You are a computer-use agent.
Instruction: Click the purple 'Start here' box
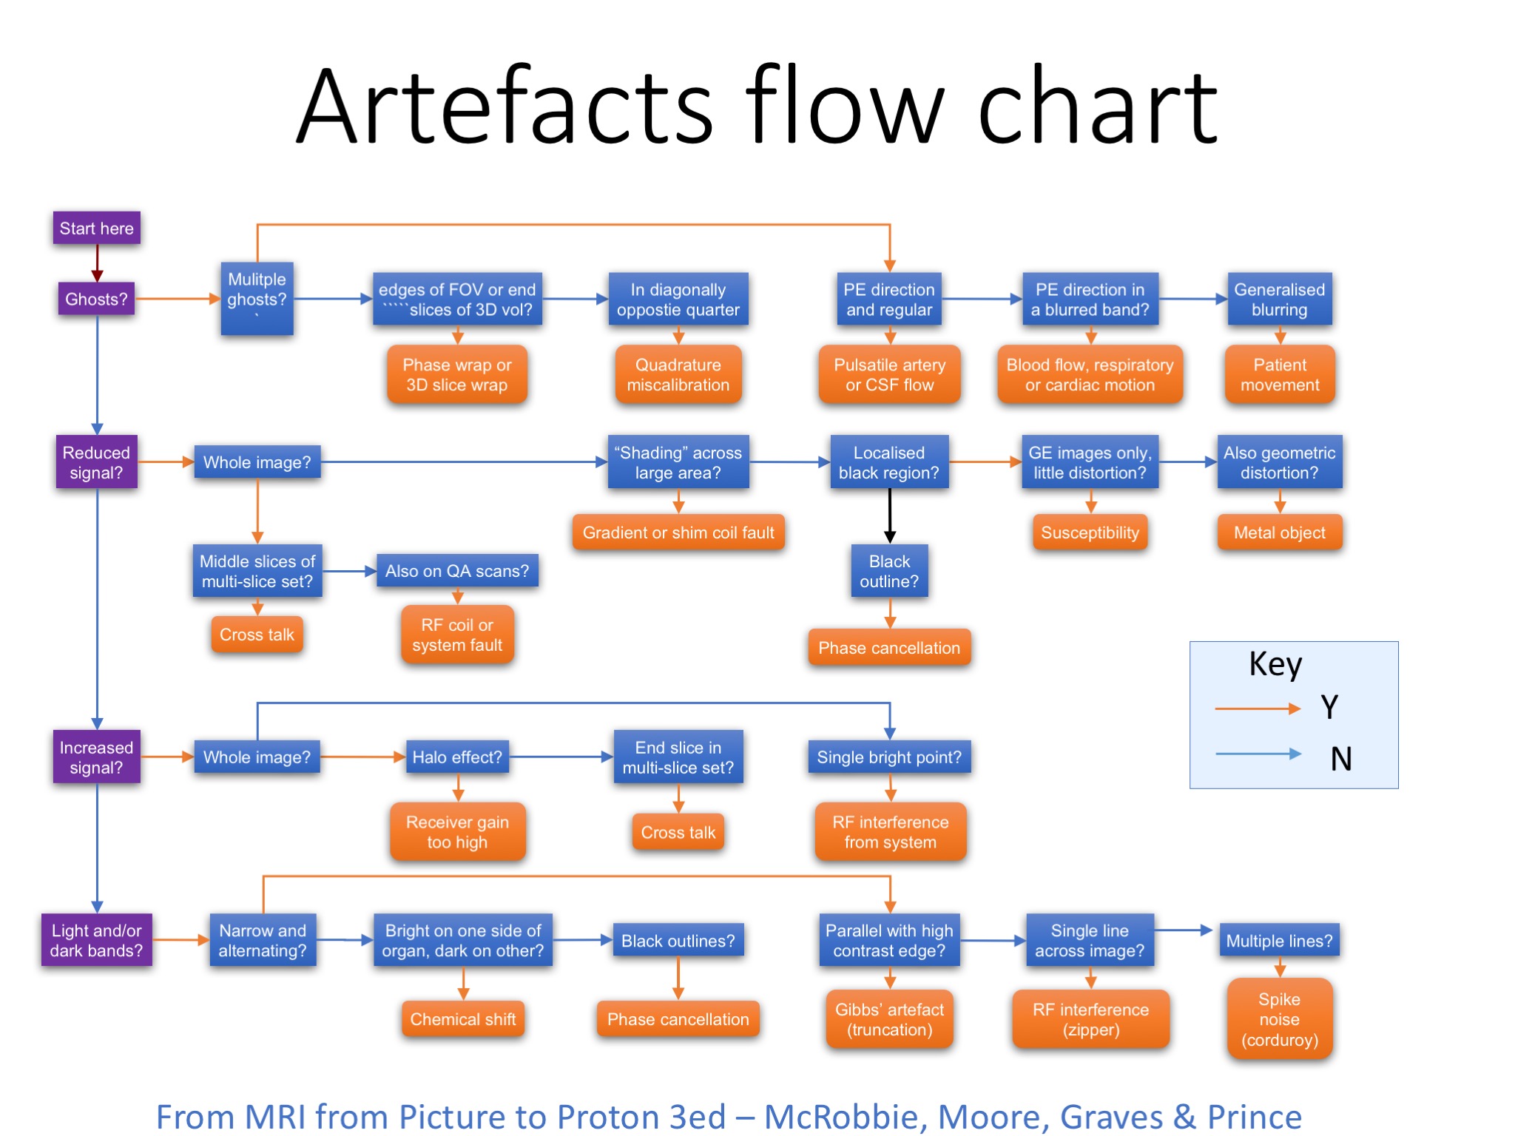pos(96,229)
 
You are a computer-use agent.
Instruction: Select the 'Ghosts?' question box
pos(96,300)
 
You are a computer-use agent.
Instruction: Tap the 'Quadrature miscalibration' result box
pos(678,375)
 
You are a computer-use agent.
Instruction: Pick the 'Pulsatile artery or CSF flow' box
pos(889,375)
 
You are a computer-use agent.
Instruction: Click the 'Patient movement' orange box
pos(1279,375)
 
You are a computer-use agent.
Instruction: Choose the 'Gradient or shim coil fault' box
pos(678,532)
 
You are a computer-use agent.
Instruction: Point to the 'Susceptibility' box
pos(1090,532)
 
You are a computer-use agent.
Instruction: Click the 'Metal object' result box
pos(1279,532)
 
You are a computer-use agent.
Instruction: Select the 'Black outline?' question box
pos(889,572)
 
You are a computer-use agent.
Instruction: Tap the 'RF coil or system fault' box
pos(457,635)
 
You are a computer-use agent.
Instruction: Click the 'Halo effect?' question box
pos(457,757)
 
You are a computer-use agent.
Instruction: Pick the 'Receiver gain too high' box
pos(457,832)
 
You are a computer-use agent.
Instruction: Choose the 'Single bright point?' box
pos(889,757)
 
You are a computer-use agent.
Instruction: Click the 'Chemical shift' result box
pos(463,1019)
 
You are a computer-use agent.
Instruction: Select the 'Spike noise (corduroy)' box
pos(1279,1019)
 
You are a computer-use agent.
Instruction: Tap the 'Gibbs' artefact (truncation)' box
pos(889,1019)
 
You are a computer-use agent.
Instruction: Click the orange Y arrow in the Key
pos(1257,709)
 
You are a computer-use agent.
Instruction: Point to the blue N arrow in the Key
pos(1257,754)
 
